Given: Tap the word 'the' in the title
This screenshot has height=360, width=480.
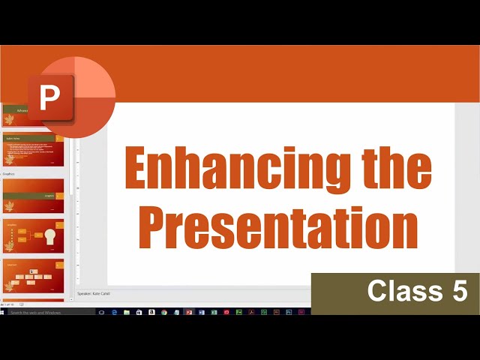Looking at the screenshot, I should click(x=397, y=170).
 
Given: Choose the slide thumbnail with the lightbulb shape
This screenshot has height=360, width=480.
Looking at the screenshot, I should click(x=33, y=236).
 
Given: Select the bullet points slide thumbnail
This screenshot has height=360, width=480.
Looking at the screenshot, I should click(x=33, y=149).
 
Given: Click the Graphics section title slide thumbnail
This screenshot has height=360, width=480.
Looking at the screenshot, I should click(x=33, y=196).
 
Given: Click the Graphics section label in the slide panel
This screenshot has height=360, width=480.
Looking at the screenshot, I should click(x=10, y=173).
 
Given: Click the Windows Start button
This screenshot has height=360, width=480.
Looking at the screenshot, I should click(x=4, y=312).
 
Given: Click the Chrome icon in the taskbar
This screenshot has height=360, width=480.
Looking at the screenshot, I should click(x=163, y=312).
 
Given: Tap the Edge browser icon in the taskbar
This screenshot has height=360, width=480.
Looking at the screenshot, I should click(x=114, y=312).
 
